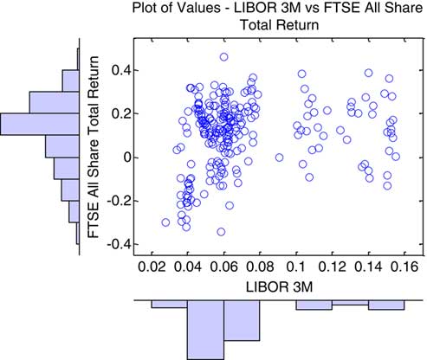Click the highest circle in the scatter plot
coord(223,57)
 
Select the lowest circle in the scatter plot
coord(221,232)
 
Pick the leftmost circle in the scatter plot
coord(165,222)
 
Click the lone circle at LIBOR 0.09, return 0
coord(279,157)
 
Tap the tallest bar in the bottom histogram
coord(205,330)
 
